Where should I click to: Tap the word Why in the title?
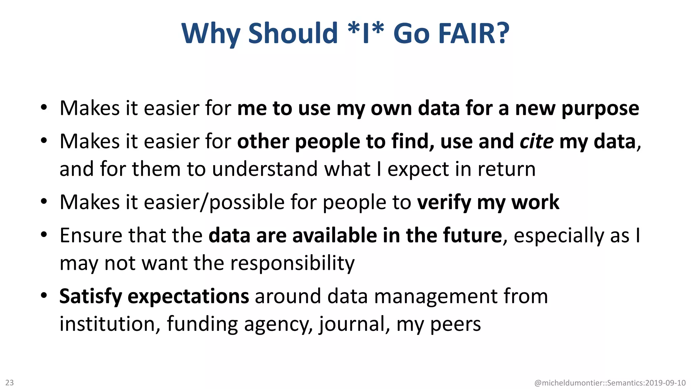coord(211,33)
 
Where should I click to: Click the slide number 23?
coord(9,383)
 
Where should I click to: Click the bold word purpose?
coord(600,109)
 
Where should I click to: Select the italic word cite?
coord(536,141)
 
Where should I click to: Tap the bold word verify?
coord(444,203)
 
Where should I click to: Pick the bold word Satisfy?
coord(90,296)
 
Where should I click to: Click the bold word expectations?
coord(188,296)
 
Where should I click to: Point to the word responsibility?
coord(292,263)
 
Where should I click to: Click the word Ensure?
coord(90,235)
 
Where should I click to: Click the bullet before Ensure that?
coord(44,235)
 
